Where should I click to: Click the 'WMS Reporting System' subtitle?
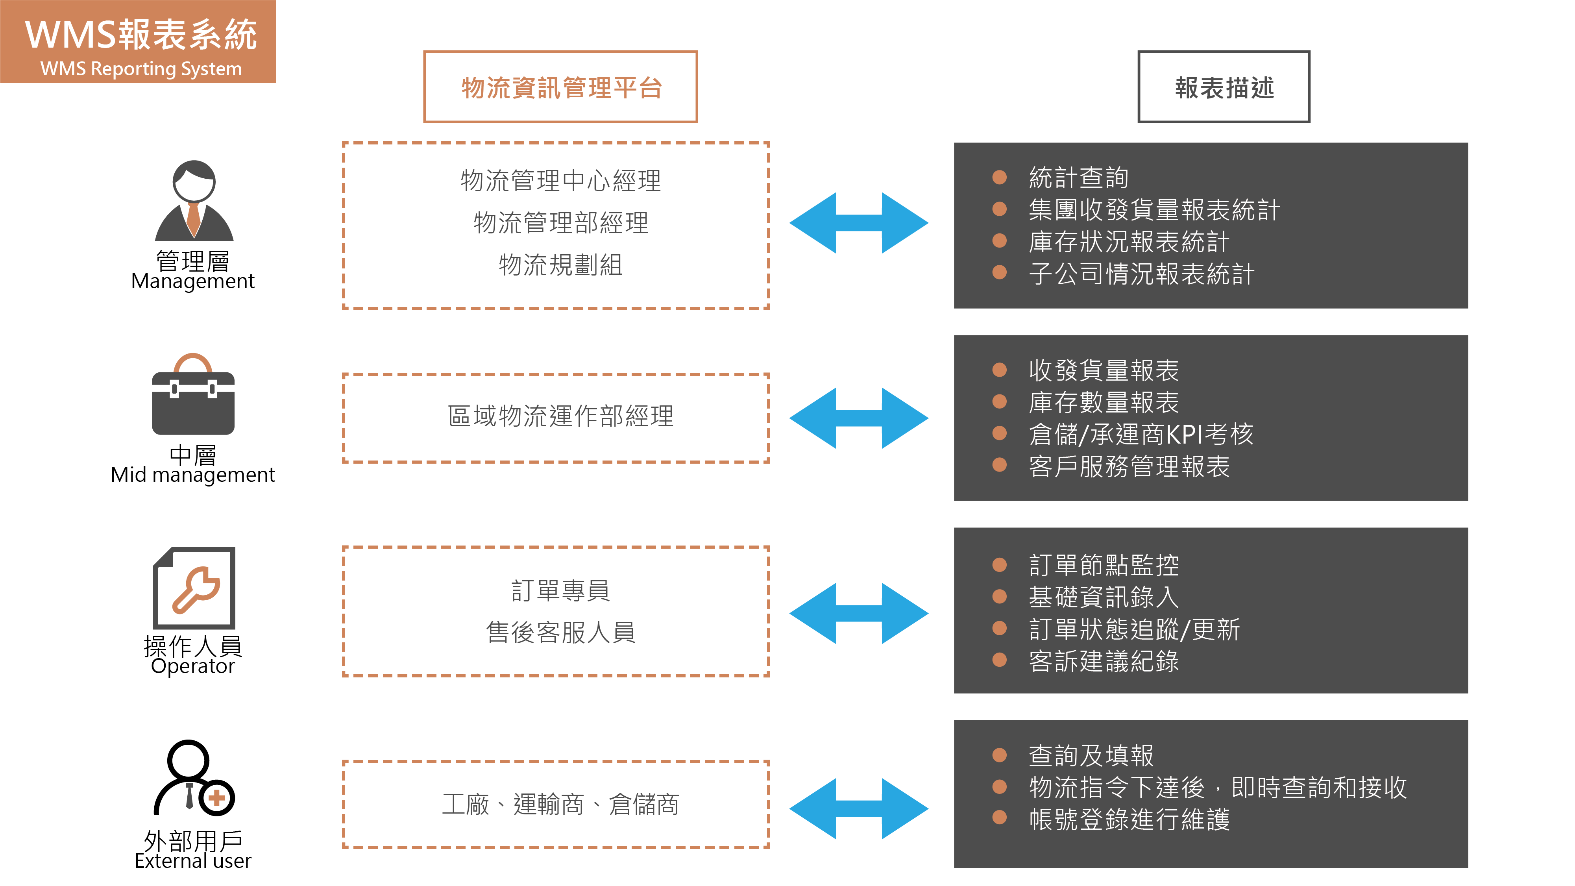point(140,68)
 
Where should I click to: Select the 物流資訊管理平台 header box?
point(560,87)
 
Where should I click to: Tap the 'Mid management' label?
point(192,475)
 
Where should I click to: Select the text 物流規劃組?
point(560,265)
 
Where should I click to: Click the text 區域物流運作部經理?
point(560,416)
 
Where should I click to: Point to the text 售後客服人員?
point(560,632)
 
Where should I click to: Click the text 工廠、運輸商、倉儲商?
point(560,804)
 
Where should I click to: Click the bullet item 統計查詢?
point(1078,178)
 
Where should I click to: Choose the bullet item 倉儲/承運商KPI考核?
point(1141,434)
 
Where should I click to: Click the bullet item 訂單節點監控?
point(1104,565)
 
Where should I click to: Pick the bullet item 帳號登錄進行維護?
point(1129,819)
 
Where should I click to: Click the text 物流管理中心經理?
point(560,181)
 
